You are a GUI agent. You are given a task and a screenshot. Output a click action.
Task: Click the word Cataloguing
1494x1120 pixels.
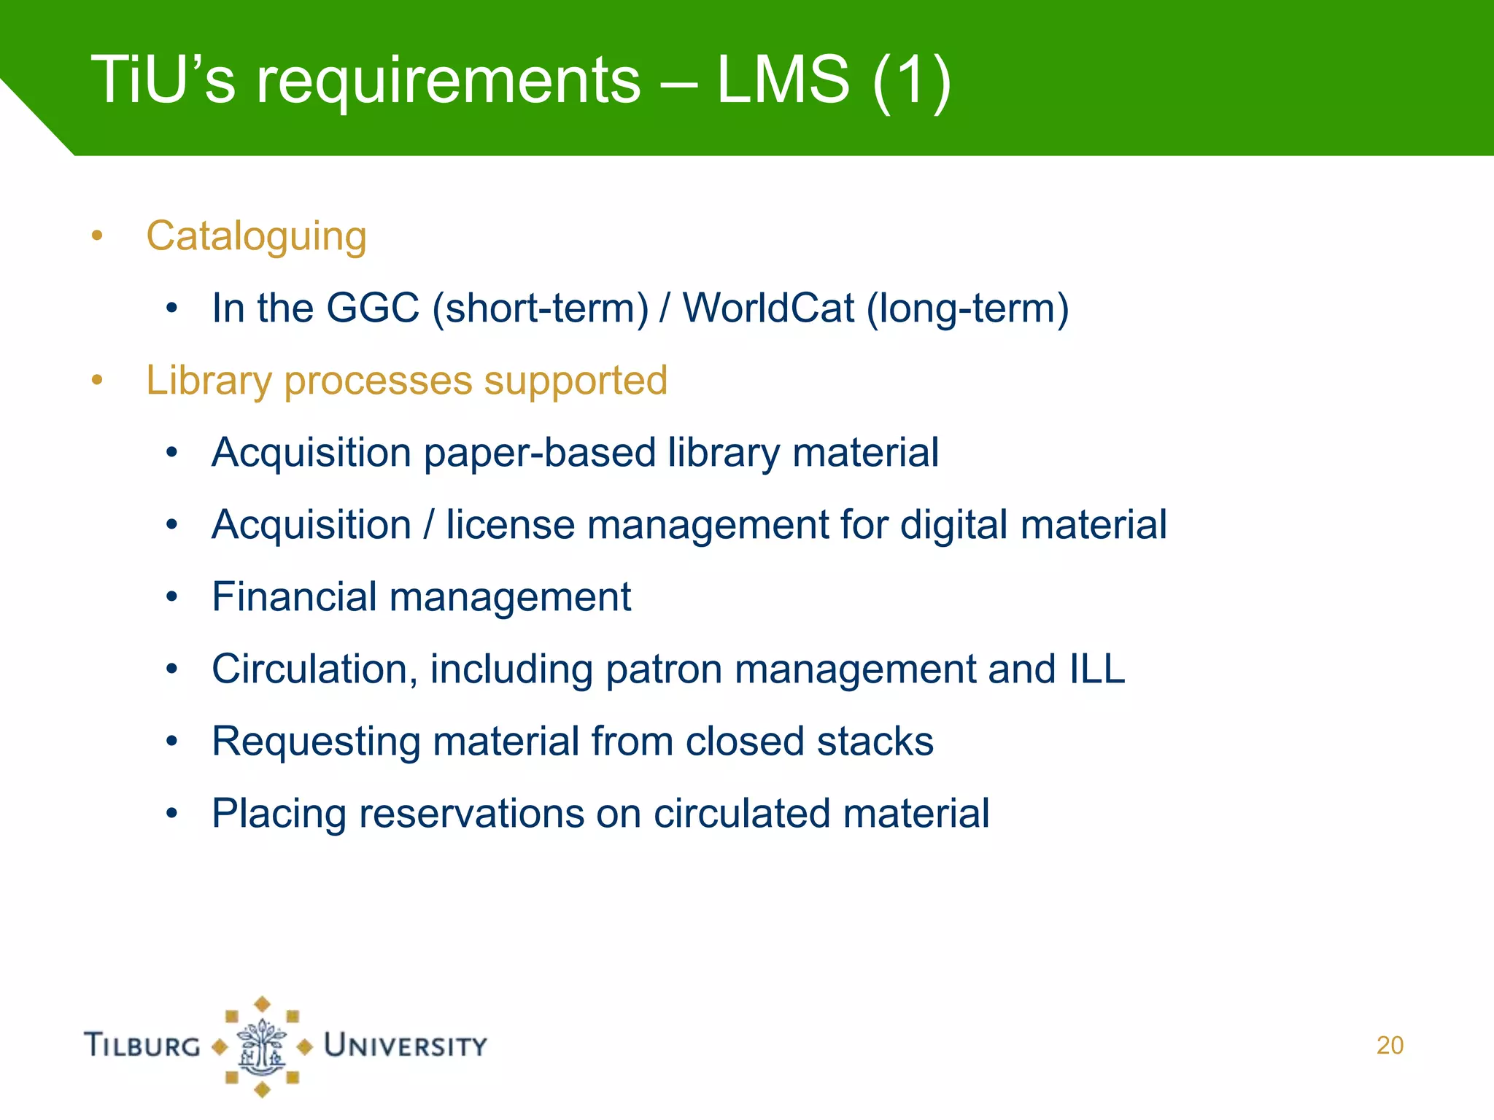coord(256,237)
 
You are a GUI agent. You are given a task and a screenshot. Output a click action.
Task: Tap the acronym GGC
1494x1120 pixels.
coord(372,308)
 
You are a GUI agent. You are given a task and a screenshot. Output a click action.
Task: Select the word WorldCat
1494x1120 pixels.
coord(768,308)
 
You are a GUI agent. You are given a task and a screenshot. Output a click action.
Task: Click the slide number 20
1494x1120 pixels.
coord(1390,1045)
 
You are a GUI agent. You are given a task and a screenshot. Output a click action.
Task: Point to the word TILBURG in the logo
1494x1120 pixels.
coord(142,1045)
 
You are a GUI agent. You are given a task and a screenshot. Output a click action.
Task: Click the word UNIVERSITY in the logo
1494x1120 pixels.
coord(406,1046)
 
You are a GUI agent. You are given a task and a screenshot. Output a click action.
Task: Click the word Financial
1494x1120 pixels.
coord(294,597)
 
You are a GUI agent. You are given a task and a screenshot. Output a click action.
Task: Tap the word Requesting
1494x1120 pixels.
coord(316,742)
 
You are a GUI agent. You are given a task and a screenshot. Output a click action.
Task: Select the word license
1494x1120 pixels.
coord(510,525)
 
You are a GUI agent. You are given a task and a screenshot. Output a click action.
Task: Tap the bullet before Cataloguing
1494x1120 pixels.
coord(97,236)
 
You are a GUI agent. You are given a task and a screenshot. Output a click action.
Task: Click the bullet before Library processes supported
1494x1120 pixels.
coord(97,381)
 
